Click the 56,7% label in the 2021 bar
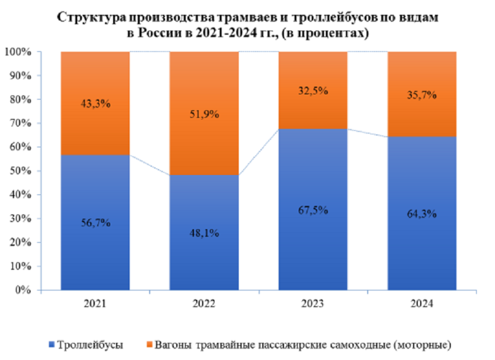tap(95, 223)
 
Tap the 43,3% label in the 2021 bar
tap(95, 104)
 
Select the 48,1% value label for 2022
tap(204, 233)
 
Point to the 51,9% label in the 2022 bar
tap(204, 114)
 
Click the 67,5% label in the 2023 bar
tap(313, 210)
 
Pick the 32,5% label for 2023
tap(313, 91)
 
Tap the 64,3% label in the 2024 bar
tap(421, 214)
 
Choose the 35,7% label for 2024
tap(421, 95)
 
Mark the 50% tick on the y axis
tap(21, 171)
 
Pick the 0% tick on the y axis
tap(24, 290)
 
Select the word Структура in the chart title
tap(83, 17)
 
